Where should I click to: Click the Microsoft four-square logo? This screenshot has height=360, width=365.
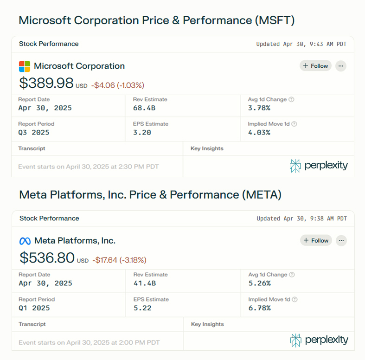click(25, 66)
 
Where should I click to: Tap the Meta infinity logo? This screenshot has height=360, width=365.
click(25, 241)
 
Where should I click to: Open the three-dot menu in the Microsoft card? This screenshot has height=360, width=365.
click(341, 66)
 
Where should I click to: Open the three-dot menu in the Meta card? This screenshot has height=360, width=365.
click(341, 240)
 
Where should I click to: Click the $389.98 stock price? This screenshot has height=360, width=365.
click(46, 83)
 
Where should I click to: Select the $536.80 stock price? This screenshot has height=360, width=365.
click(47, 258)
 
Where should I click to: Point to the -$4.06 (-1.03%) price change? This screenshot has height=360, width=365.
click(117, 85)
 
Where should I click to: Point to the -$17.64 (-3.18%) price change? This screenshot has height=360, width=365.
click(119, 260)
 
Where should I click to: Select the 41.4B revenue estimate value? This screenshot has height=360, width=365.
click(144, 283)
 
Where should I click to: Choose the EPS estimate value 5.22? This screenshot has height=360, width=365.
click(142, 308)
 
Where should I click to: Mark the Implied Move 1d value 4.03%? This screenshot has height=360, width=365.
click(259, 133)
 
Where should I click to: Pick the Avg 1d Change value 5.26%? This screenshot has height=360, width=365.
click(259, 283)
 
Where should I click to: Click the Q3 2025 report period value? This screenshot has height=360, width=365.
click(34, 133)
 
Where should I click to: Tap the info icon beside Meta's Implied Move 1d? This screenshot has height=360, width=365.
click(295, 300)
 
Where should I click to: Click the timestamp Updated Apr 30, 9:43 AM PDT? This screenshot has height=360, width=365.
click(301, 44)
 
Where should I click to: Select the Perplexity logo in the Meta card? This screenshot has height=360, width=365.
click(319, 340)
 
